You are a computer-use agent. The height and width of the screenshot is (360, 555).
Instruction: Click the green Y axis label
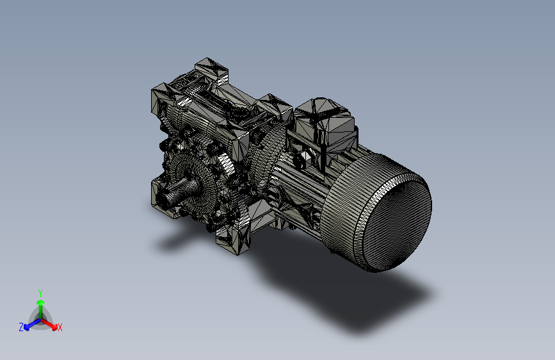coord(40,292)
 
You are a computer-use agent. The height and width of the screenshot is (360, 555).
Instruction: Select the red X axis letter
coord(60,328)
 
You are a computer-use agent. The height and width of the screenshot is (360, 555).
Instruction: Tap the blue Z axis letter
coord(21,327)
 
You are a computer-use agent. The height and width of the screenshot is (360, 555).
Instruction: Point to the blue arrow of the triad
coord(29,324)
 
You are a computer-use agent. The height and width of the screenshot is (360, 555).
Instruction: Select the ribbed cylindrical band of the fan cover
coord(349,211)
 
